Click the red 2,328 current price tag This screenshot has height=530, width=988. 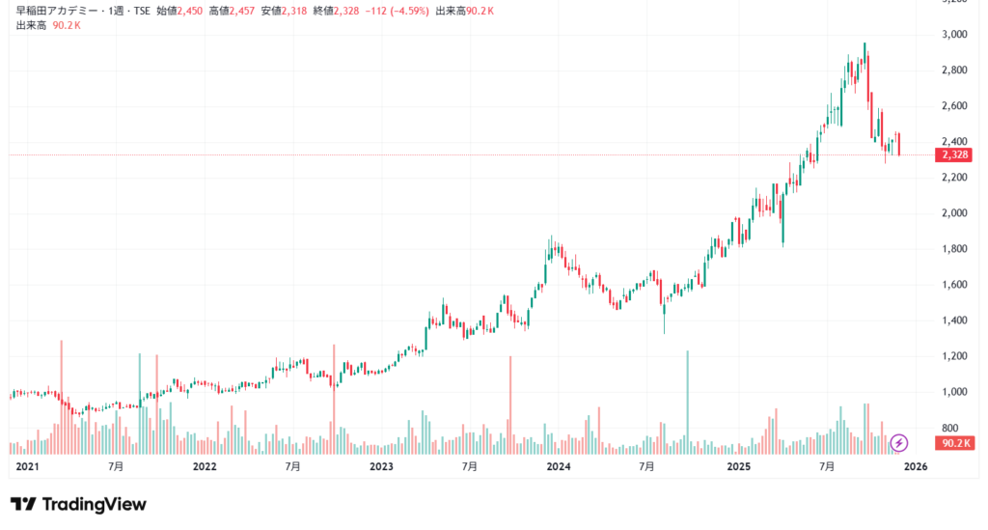coord(953,154)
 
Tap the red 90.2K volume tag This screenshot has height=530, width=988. coord(953,443)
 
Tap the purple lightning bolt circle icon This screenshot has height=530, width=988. coord(899,443)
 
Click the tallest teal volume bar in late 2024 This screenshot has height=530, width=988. coord(687,401)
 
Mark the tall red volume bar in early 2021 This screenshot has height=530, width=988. coord(61,396)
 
